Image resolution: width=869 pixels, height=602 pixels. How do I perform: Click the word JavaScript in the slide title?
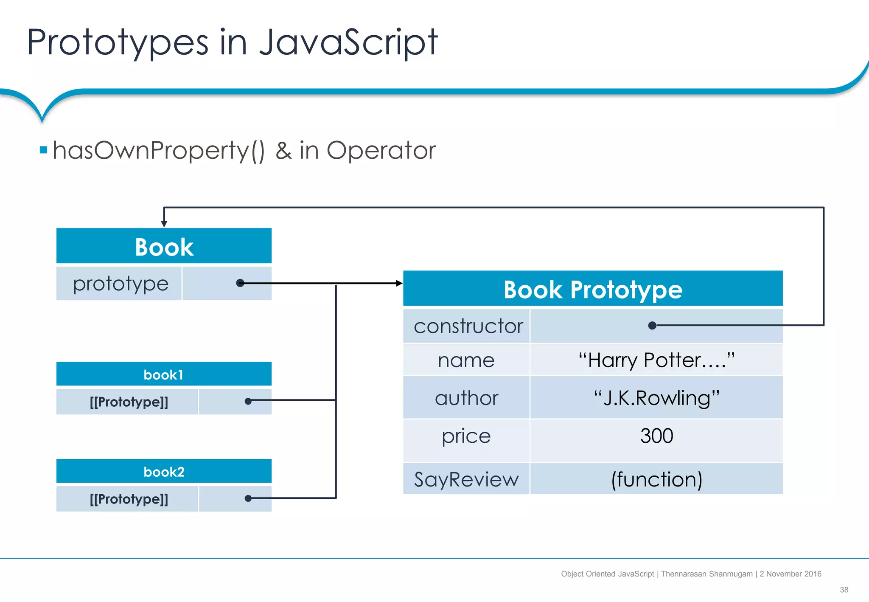tap(348, 42)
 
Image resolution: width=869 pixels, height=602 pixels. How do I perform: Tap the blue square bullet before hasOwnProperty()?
tap(43, 150)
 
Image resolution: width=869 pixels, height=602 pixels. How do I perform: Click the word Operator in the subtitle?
tap(381, 150)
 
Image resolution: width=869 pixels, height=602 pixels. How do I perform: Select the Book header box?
tap(164, 246)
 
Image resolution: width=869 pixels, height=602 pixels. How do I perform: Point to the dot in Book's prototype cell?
tap(240, 283)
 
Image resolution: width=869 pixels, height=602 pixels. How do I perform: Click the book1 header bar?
tap(164, 374)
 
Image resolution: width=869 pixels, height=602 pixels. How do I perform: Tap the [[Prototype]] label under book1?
tap(129, 402)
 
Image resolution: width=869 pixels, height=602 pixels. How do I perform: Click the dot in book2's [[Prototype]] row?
tap(248, 498)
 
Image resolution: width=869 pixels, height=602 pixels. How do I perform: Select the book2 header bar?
tap(164, 472)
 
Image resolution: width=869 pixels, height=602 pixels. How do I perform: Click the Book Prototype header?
tap(593, 289)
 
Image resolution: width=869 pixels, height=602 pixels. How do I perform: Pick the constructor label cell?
tap(467, 326)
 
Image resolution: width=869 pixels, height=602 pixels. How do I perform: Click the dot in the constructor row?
tap(653, 326)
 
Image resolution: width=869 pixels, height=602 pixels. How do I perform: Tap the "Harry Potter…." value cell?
tap(656, 360)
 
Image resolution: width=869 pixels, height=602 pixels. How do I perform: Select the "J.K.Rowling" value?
tap(656, 398)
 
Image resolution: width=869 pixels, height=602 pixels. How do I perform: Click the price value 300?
tap(656, 436)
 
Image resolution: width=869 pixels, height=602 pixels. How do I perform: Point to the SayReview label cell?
tap(466, 479)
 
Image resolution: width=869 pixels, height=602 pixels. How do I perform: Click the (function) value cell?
tap(656, 479)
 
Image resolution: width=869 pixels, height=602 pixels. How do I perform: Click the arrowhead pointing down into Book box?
tap(164, 224)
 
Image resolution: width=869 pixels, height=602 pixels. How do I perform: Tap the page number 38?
tap(844, 590)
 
